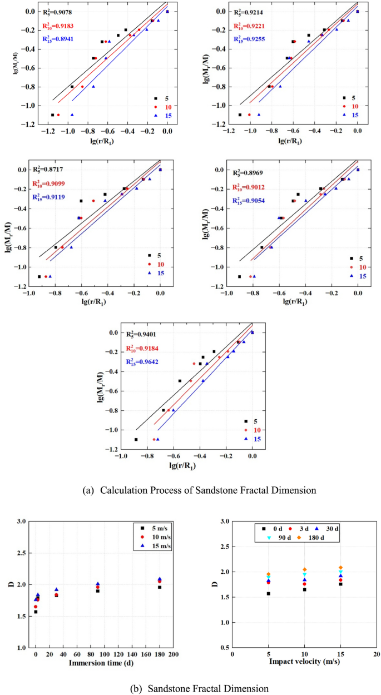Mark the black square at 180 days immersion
tap(160, 587)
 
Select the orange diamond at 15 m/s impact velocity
tap(340, 568)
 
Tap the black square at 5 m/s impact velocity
tap(268, 593)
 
